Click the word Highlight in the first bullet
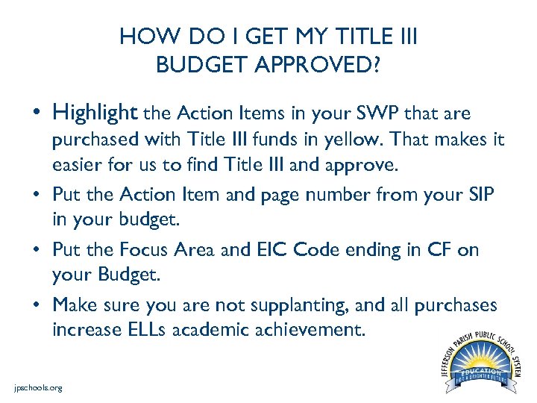(x=95, y=113)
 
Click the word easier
(x=75, y=165)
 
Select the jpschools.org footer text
(x=38, y=387)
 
